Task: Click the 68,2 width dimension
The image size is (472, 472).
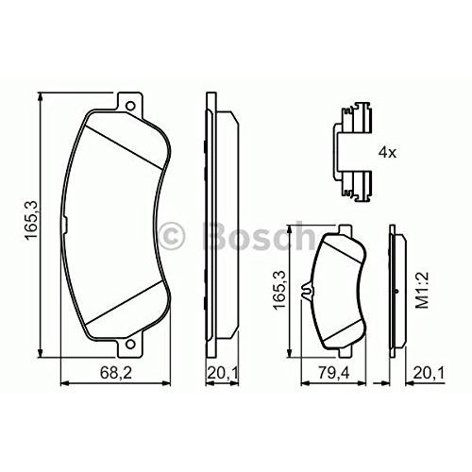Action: (116, 373)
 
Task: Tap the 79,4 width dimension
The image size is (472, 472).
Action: (333, 373)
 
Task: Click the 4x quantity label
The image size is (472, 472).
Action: (387, 153)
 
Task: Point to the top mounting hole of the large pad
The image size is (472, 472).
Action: (130, 106)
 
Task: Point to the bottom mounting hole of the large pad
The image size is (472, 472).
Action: (130, 344)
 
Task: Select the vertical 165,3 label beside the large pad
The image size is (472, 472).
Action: (31, 221)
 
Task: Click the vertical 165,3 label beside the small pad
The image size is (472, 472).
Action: (279, 290)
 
